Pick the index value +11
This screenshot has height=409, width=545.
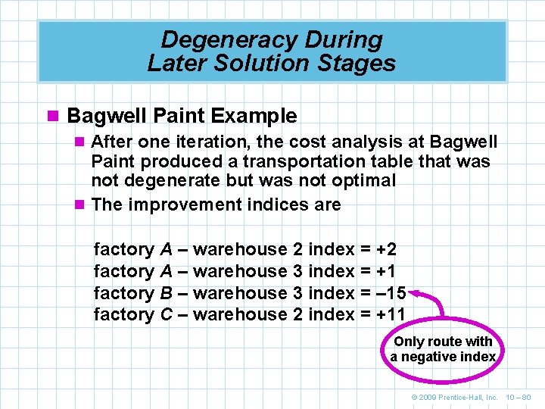391,314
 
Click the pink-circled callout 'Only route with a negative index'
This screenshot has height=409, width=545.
443,349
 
